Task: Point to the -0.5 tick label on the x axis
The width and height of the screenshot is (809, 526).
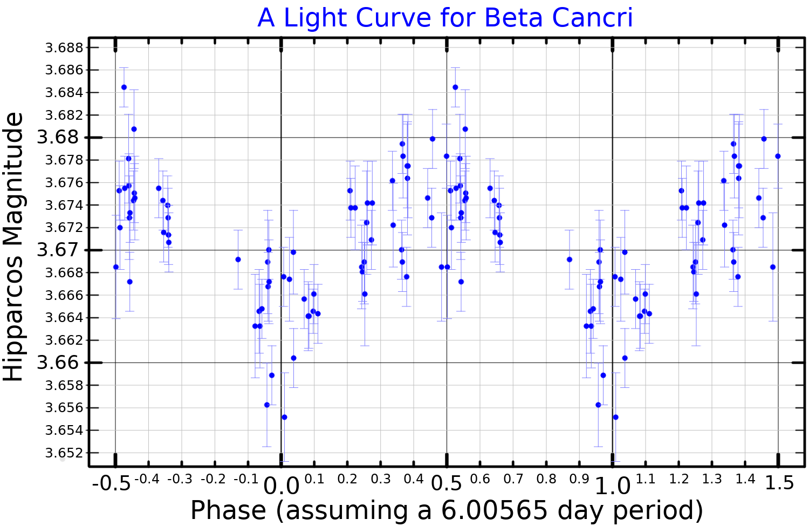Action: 111,483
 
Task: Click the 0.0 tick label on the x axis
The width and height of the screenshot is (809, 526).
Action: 281,486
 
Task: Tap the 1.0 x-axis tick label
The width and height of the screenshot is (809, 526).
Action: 613,486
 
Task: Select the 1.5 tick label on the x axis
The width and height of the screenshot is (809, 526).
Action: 779,483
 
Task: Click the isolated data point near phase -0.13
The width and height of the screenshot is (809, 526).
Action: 238,259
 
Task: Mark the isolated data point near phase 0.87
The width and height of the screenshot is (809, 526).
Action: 570,259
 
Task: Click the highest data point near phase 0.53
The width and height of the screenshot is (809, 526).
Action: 455,87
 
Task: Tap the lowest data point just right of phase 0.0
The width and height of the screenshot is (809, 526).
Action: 284,417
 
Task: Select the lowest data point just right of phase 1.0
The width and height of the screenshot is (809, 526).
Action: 615,417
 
